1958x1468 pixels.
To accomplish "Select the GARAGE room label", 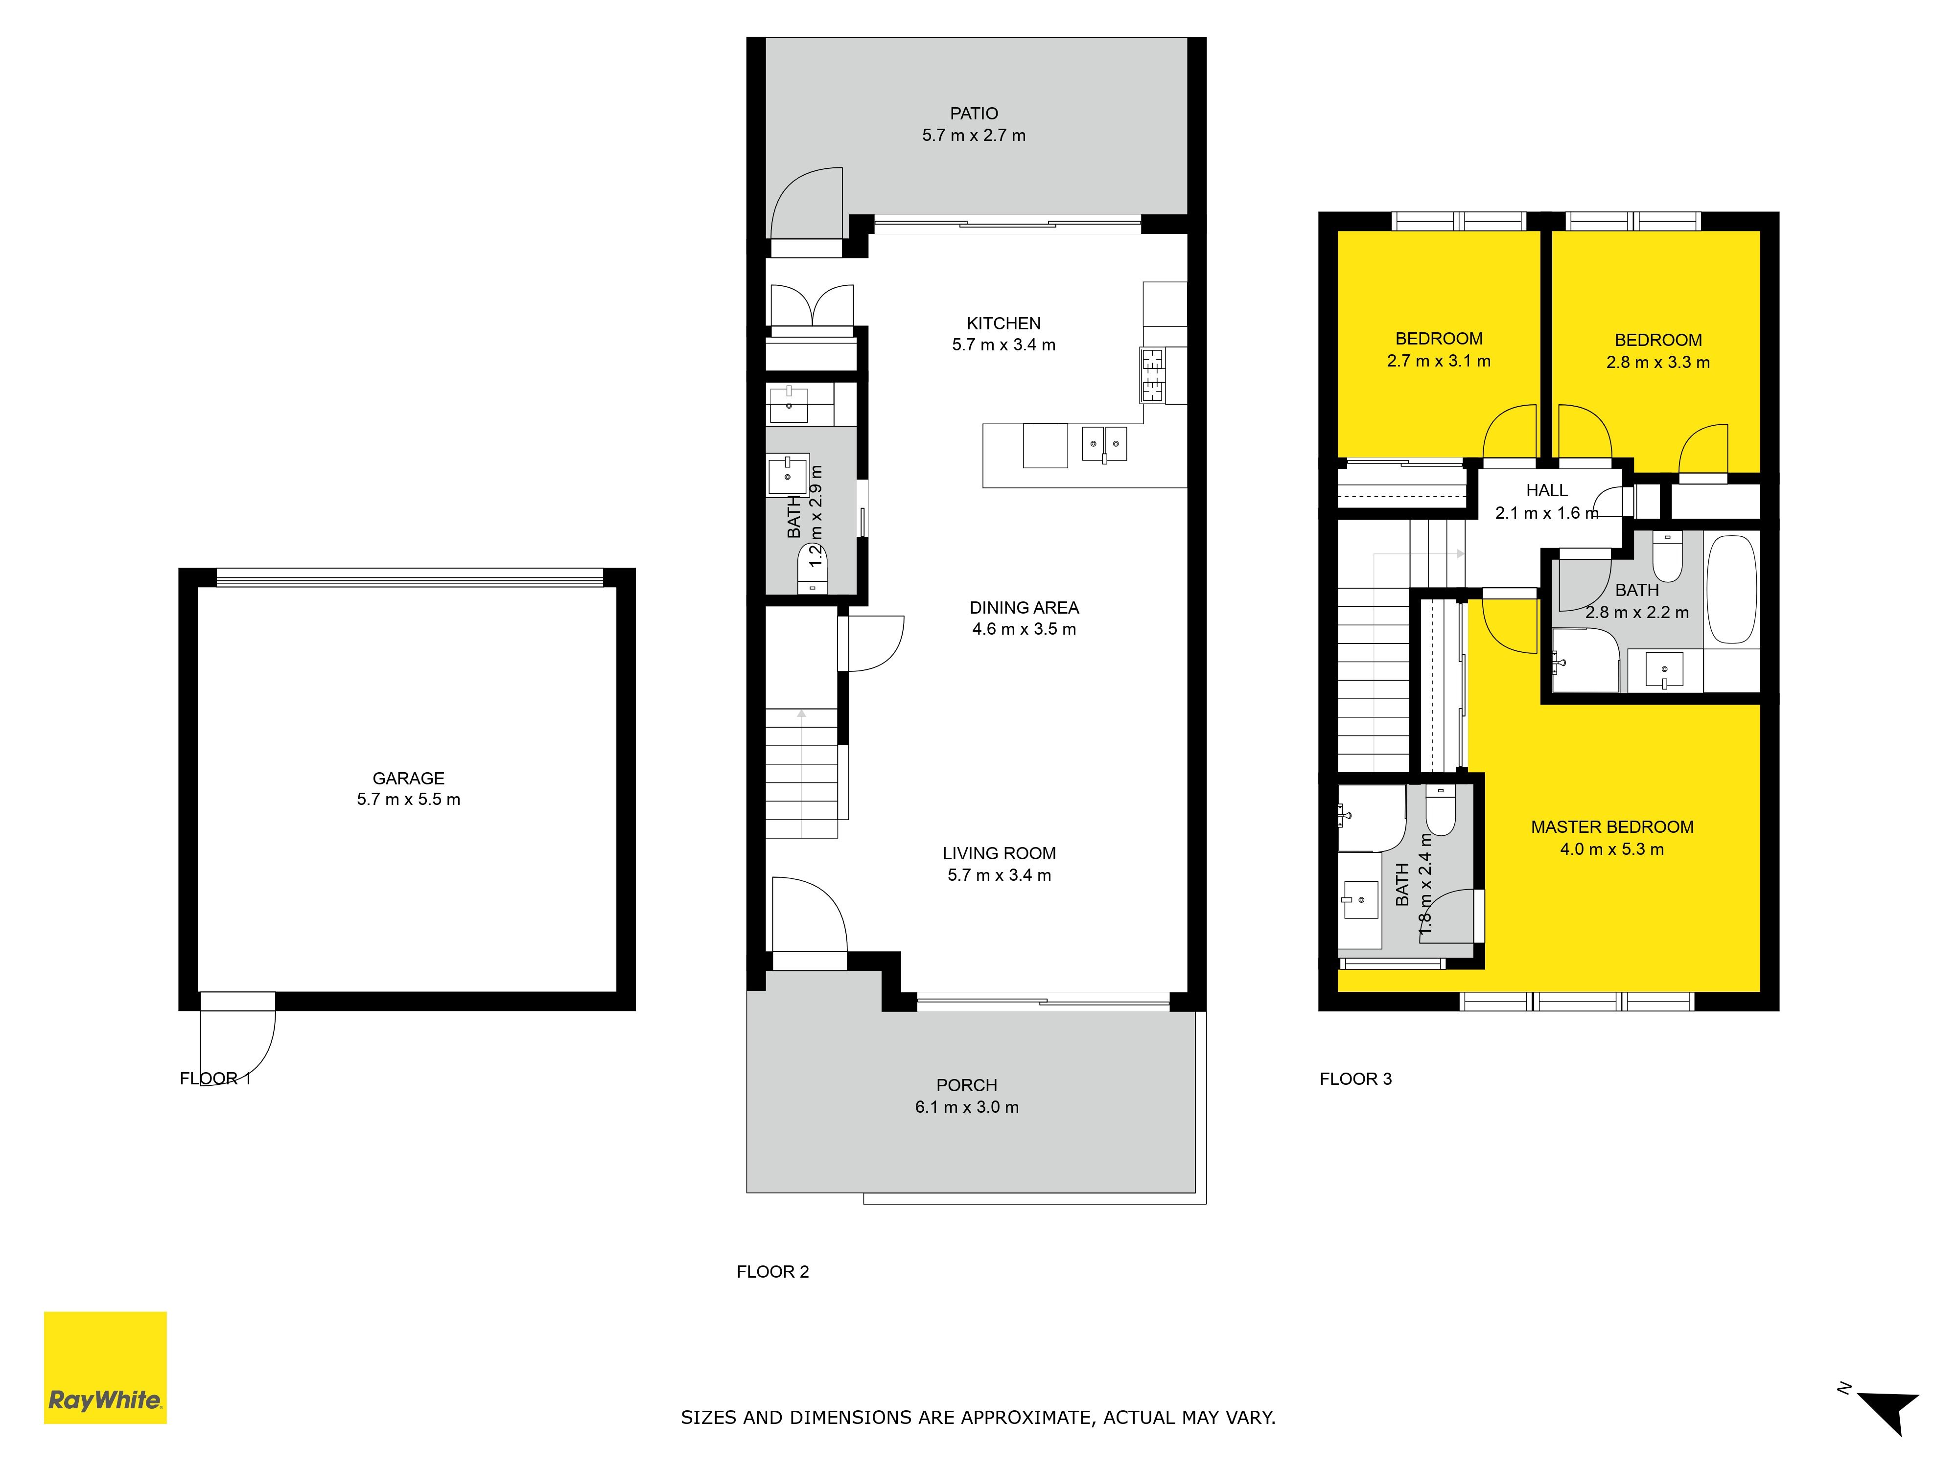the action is pos(408,778).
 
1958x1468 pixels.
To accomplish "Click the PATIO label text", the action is pos(974,113).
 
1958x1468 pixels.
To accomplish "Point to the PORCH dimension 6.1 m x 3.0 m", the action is pos(967,1107).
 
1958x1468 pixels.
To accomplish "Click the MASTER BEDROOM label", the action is pos(1612,826).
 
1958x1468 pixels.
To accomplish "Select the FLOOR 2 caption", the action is pos(773,1272).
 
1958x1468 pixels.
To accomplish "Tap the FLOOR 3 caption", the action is pos(1355,1078).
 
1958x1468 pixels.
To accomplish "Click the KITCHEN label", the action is pos(1004,323).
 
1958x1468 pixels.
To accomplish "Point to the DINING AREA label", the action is pos(1024,607).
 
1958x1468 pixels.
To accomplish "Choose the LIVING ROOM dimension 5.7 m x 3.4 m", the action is pos(1000,875).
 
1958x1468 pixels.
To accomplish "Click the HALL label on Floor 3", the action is pos(1546,490).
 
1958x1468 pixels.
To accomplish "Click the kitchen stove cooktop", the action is pos(1152,375).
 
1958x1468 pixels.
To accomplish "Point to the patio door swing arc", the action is pos(806,204).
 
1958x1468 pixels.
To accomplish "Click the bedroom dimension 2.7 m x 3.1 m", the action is pos(1439,361).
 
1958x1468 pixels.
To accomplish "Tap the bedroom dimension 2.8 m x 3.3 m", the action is pos(1658,362).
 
